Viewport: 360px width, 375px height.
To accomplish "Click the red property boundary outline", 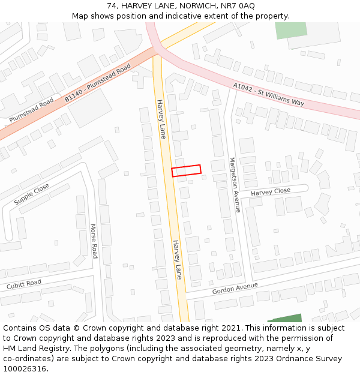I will tap(186, 170).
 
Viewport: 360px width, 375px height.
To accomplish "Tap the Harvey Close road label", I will tap(270, 191).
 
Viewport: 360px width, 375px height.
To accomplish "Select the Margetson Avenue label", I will tap(235, 185).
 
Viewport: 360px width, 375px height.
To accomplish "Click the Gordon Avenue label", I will tap(235, 288).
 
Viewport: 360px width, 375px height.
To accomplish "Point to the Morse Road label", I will tap(94, 241).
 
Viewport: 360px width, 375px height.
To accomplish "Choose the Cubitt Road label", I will tap(24, 284).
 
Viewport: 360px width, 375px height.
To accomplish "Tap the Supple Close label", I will tap(32, 194).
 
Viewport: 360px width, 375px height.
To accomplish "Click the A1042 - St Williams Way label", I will tap(268, 95).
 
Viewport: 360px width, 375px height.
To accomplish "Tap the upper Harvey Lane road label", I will tap(161, 119).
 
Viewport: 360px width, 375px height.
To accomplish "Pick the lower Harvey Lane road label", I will tap(177, 259).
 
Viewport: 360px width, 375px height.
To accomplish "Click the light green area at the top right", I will tap(291, 29).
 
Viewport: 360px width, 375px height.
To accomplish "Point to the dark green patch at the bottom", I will tap(287, 319).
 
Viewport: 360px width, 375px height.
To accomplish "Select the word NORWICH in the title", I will tap(196, 6).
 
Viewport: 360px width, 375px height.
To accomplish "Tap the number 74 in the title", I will tap(112, 6).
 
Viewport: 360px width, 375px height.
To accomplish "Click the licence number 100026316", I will tap(25, 368).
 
